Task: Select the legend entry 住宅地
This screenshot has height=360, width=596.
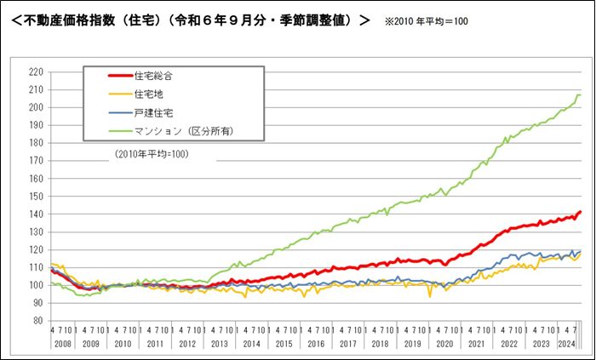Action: pyautogui.click(x=147, y=94)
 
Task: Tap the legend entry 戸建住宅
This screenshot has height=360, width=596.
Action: pyautogui.click(x=154, y=112)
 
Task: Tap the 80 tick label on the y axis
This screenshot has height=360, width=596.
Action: pyautogui.click(x=37, y=321)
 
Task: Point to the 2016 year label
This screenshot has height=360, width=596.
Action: pyautogui.click(x=315, y=345)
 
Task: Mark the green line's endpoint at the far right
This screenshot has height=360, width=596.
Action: pyautogui.click(x=581, y=94)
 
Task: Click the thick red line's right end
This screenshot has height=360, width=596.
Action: pyautogui.click(x=581, y=212)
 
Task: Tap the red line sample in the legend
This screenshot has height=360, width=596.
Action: pyautogui.click(x=110, y=76)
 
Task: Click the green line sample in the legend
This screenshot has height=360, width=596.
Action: pyautogui.click(x=110, y=130)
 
